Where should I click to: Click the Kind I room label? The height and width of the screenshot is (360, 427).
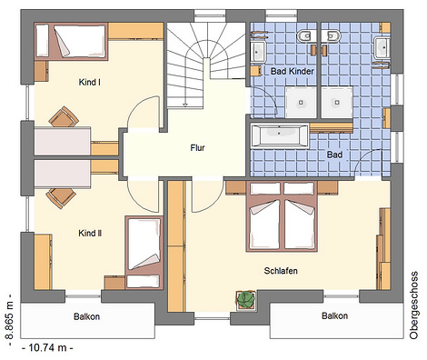90,82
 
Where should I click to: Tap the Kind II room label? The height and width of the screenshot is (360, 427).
90,234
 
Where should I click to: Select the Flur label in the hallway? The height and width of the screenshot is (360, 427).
197,148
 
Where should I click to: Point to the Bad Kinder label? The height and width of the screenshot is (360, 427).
293,72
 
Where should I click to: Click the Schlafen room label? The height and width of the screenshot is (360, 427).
281,271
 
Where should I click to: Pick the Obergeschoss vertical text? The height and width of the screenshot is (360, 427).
413,305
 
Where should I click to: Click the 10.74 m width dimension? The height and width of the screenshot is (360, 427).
47,347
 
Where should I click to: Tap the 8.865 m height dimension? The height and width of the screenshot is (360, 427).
10,320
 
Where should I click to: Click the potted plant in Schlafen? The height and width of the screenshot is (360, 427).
245,300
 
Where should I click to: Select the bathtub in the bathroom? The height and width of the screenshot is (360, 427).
280,135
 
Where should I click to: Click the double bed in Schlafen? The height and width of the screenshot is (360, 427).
282,216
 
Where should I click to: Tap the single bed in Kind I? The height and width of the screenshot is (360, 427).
71,42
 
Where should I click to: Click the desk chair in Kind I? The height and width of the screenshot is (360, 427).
64,116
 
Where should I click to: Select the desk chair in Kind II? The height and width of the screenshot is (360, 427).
61,198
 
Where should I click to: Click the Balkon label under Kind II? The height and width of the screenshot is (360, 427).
86,316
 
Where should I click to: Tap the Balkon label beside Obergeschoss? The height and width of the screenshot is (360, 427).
334,315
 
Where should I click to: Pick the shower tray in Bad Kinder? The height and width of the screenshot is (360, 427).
301,102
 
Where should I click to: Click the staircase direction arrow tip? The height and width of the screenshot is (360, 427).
184,106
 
